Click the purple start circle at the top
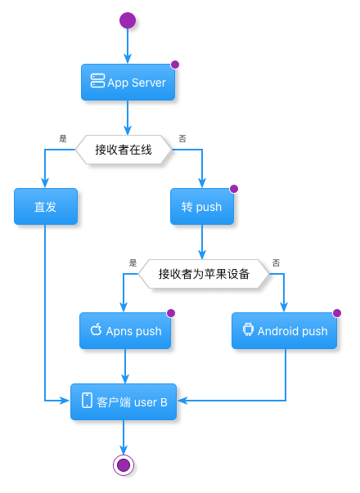[128, 20]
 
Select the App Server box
[128, 83]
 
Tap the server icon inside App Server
[97, 81]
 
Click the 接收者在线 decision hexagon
[124, 150]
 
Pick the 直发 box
[46, 207]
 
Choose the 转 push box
[202, 207]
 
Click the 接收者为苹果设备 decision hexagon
[204, 274]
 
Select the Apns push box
[125, 331]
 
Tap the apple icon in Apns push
[96, 329]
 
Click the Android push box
[284, 331]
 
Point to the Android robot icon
[248, 329]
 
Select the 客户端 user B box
[124, 401]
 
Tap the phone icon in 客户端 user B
[87, 401]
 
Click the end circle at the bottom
[124, 465]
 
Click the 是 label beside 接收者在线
[63, 139]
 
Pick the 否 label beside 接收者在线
[182, 139]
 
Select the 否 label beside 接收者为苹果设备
[276, 262]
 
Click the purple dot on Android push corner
[337, 313]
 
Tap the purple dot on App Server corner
[175, 65]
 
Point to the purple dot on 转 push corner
[234, 189]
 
